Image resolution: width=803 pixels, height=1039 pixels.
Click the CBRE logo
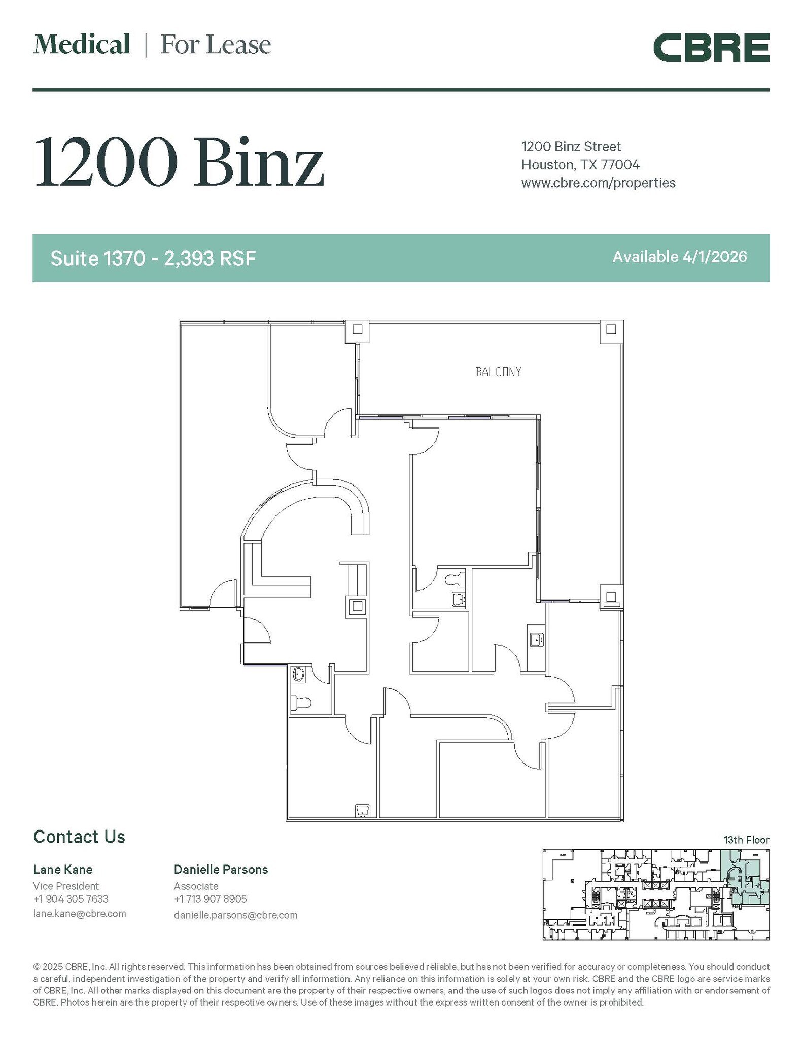(x=711, y=48)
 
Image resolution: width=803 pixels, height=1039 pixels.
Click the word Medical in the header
(x=82, y=45)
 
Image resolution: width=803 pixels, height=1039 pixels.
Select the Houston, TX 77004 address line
(x=580, y=165)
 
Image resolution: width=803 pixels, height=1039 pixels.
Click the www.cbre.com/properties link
(x=598, y=183)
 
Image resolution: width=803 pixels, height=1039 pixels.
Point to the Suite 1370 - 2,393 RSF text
(x=153, y=259)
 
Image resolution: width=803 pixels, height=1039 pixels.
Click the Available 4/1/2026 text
(x=679, y=257)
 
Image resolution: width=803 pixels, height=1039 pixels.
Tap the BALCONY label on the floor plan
(x=498, y=372)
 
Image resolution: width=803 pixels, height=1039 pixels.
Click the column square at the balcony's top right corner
(x=611, y=329)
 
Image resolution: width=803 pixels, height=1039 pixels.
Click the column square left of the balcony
(x=357, y=329)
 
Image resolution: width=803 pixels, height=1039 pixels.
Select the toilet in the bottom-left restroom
(x=301, y=703)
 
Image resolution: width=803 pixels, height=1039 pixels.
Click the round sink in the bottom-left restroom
(x=298, y=674)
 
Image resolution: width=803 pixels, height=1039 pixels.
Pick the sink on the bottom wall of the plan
(x=363, y=811)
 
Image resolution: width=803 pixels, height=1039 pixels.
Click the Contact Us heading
(x=79, y=837)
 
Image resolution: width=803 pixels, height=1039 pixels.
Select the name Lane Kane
(x=62, y=870)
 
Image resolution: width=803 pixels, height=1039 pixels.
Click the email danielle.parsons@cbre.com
(x=235, y=915)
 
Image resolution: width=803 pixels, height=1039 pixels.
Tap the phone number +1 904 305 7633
(x=71, y=898)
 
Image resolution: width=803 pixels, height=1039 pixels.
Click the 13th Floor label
(x=746, y=840)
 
